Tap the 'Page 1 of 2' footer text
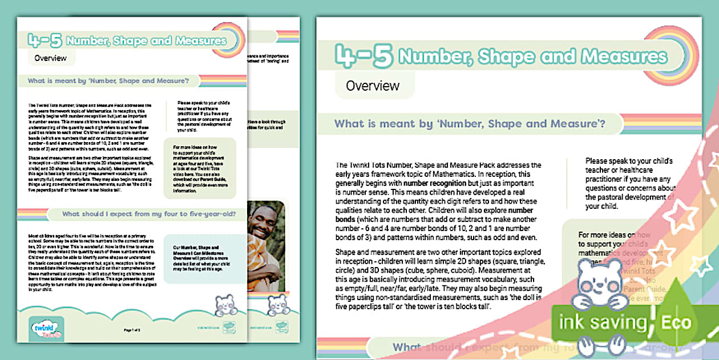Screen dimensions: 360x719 132,330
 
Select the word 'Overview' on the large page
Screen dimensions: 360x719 373,86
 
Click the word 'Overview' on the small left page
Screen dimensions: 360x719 50,58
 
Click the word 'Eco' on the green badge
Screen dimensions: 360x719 675,323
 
